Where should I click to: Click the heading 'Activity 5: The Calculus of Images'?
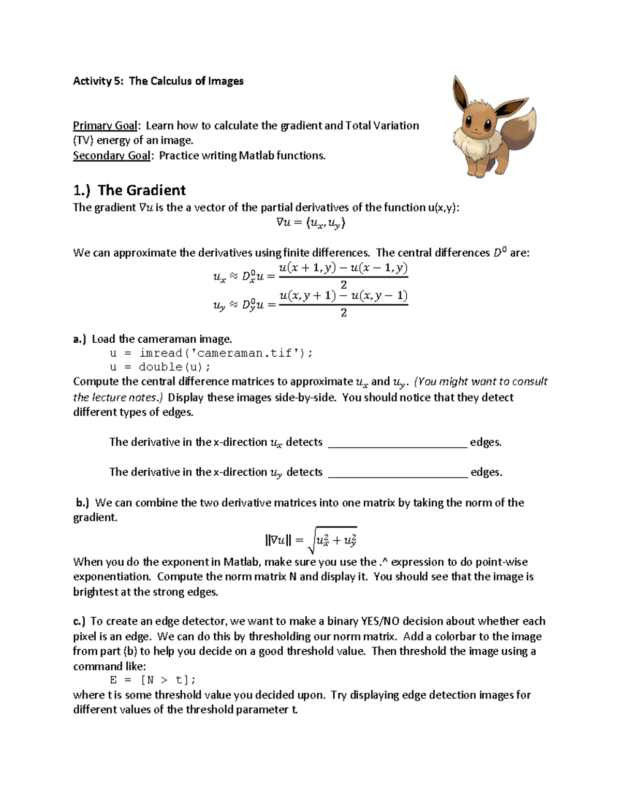158,81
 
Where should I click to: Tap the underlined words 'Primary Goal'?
105,125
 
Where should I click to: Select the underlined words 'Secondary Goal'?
111,155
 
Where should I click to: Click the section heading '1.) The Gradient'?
129,190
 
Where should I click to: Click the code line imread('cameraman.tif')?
211,353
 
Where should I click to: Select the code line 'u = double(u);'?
160,367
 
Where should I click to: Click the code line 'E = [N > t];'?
153,680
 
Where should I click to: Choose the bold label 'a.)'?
80,339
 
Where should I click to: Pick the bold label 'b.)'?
83,502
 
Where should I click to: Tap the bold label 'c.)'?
80,621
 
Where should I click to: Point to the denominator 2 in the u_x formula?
344,284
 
